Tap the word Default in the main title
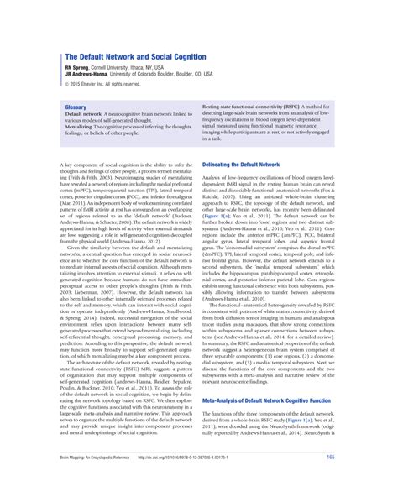97,55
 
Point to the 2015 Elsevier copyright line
105,83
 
